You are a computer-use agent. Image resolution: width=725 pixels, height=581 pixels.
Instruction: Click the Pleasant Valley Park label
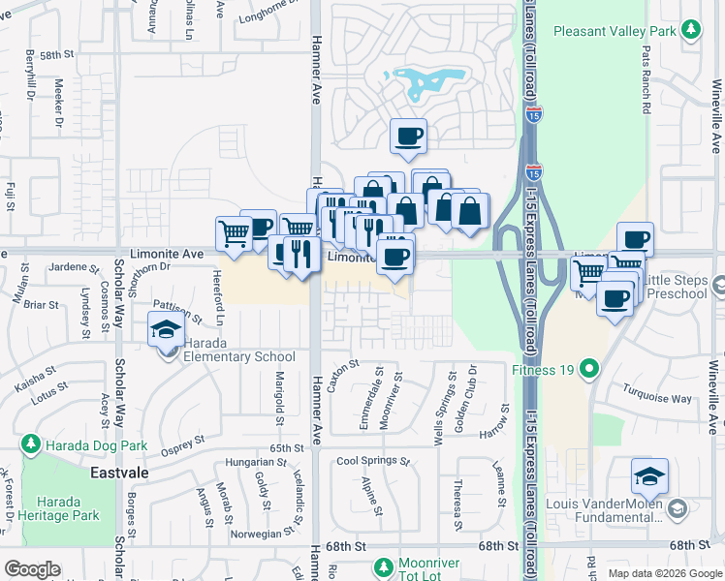[x=614, y=31]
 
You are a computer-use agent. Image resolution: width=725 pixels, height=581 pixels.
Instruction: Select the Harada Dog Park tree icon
[x=31, y=445]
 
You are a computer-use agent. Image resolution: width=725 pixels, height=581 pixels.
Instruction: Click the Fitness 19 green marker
[x=588, y=368]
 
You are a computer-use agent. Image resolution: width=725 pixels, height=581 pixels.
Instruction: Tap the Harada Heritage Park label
[x=65, y=509]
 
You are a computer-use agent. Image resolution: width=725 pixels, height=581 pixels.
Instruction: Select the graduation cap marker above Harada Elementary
[x=166, y=329]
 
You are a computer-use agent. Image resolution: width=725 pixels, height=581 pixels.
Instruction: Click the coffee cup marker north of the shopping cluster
[x=408, y=136]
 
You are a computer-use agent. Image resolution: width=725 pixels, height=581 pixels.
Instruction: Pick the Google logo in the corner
[x=32, y=569]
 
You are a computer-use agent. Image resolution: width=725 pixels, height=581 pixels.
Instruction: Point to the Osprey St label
[x=183, y=442]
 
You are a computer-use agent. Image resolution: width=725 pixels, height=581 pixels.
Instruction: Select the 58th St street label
[x=57, y=54]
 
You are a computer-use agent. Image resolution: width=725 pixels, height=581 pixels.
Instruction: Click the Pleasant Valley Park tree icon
[x=690, y=31]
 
